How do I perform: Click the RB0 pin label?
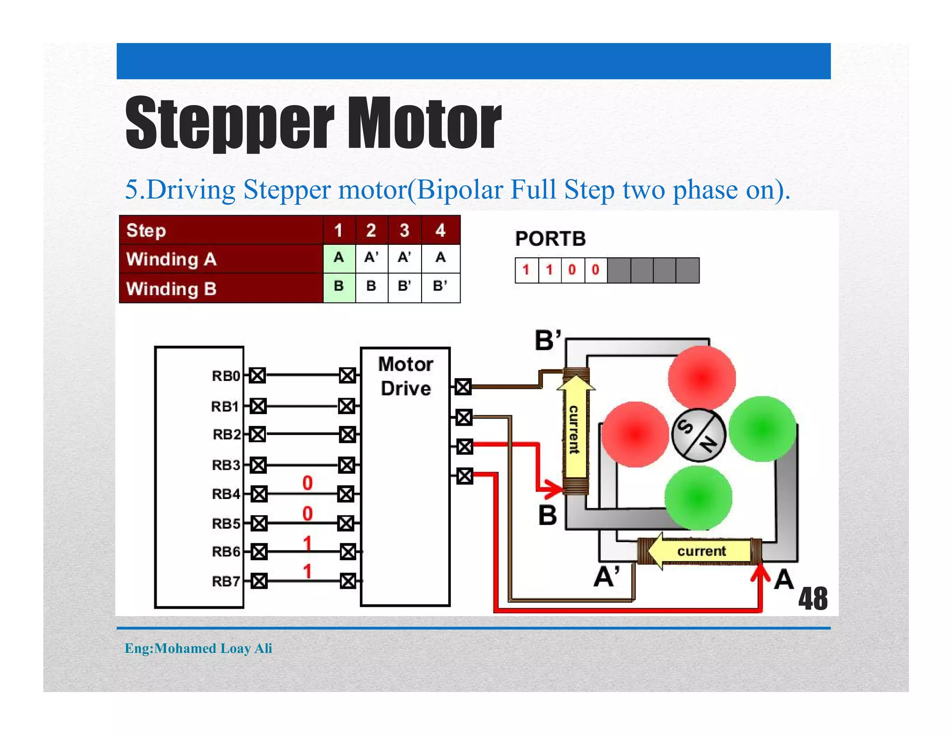click(226, 375)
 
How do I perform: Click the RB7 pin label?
click(226, 581)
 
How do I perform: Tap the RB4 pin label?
click(226, 494)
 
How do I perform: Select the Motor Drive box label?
click(406, 376)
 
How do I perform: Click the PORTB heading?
click(550, 239)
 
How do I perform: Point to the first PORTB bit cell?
click(526, 270)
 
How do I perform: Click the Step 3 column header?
click(404, 230)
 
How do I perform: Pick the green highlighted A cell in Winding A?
click(339, 257)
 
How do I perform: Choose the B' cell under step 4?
click(440, 286)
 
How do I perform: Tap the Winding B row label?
click(172, 289)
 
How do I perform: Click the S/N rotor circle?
click(698, 435)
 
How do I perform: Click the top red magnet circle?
click(702, 378)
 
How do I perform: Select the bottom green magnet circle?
click(698, 498)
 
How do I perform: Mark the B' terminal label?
click(548, 341)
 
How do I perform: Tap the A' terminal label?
click(607, 577)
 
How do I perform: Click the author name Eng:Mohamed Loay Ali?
click(198, 648)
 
